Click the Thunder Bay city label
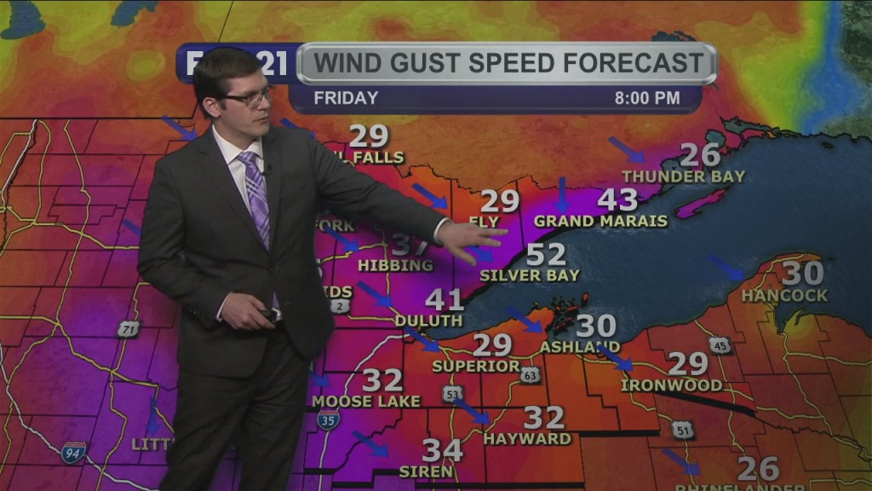[683, 176]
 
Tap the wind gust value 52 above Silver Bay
[546, 254]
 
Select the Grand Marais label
[600, 221]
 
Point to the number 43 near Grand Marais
[617, 199]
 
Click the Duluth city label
[428, 321]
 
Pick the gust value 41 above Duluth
[445, 299]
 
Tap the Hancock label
[784, 295]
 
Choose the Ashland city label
[579, 347]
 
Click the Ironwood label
[671, 385]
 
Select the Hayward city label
[527, 439]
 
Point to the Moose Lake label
[366, 401]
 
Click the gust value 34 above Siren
[443, 450]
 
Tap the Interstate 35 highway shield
[328, 419]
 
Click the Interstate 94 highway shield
[73, 452]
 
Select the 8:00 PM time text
[647, 98]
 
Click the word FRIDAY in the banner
[346, 98]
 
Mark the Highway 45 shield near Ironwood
[720, 344]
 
